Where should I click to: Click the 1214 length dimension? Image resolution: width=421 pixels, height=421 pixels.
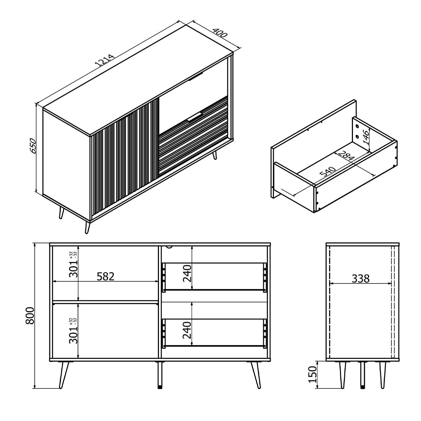(x=104, y=60)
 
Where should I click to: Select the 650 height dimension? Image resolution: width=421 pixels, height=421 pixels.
(x=33, y=145)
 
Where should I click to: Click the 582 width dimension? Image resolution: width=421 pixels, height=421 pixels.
(x=106, y=276)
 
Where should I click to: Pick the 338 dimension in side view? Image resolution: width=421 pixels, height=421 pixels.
(x=361, y=279)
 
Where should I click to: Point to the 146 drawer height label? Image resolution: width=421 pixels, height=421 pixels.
(x=366, y=137)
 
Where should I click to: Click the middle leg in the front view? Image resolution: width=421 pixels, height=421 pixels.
(x=160, y=375)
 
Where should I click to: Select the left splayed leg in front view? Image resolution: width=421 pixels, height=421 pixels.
(x=64, y=375)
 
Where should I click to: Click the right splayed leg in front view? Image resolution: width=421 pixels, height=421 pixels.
(x=256, y=375)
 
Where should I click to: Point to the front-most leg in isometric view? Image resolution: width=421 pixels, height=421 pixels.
(x=87, y=227)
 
